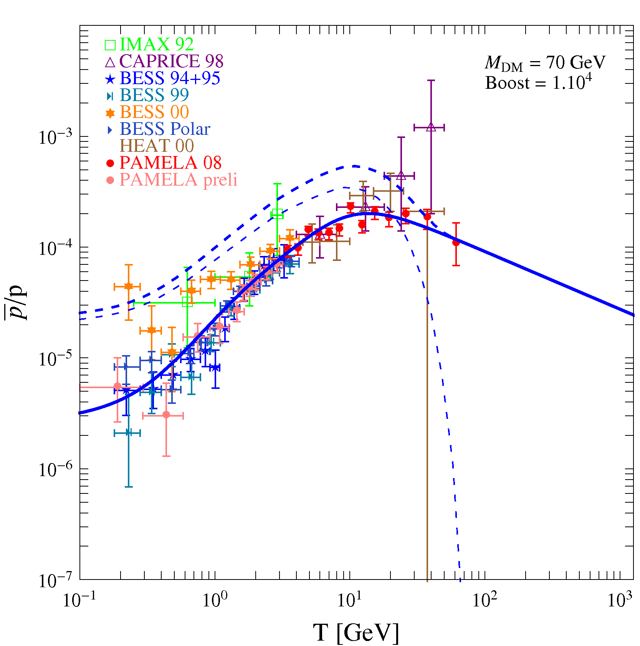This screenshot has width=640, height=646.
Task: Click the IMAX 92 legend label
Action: (x=157, y=45)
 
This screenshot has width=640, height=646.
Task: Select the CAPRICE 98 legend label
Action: (x=171, y=61)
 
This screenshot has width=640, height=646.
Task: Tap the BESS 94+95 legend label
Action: (x=170, y=78)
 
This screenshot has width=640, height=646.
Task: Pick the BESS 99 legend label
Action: (x=154, y=95)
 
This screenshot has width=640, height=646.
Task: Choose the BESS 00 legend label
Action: (x=154, y=112)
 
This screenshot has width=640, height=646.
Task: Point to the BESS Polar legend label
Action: (x=165, y=129)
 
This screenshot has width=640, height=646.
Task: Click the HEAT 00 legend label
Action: (x=157, y=146)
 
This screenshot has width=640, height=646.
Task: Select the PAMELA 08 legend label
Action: (x=170, y=163)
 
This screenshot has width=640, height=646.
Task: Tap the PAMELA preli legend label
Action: (x=178, y=180)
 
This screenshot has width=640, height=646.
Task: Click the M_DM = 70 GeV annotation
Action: (x=545, y=63)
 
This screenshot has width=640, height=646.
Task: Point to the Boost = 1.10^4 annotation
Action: (x=538, y=83)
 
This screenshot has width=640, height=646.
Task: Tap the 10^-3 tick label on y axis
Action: (x=55, y=138)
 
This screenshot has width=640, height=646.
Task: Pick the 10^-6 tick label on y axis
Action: (x=55, y=470)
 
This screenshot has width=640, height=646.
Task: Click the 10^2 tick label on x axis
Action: (x=485, y=600)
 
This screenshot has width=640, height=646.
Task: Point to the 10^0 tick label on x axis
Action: (x=215, y=600)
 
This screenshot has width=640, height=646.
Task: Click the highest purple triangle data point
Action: (x=431, y=127)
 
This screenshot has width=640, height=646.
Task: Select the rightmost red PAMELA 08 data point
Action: (x=456, y=243)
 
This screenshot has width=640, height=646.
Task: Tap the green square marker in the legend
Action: (x=110, y=45)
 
